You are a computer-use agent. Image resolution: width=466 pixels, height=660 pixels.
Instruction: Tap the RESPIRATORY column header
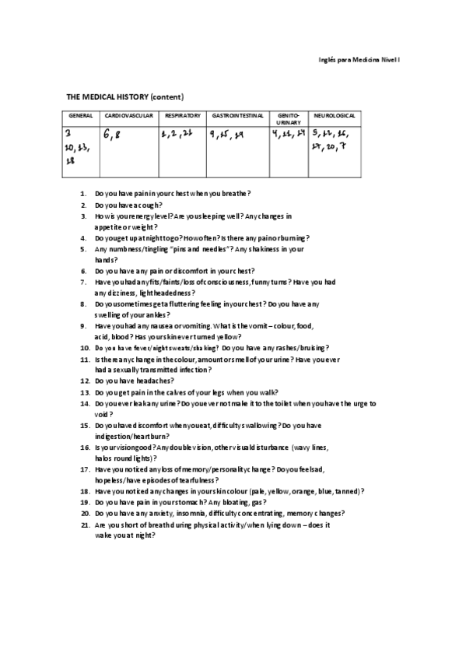pos(183,116)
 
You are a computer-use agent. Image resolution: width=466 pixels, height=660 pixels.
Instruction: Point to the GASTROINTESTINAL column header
pos(237,116)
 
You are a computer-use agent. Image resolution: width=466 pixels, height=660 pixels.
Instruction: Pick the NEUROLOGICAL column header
pos(334,116)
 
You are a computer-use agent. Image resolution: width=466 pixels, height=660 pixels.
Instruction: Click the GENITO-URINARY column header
pos(288,119)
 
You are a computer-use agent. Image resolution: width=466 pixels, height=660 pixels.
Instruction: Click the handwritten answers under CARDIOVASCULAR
pos(113,135)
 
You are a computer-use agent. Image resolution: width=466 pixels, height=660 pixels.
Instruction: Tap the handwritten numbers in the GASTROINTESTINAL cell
pos(226,134)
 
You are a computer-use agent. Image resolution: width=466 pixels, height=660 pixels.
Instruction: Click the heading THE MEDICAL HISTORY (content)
pos(124,97)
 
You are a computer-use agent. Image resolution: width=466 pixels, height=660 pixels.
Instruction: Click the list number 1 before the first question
pos(83,192)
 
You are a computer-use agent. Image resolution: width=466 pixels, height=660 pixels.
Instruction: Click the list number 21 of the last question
pos(84,525)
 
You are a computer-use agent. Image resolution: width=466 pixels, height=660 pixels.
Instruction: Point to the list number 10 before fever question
pos(84,348)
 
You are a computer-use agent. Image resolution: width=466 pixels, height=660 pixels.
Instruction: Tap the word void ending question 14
pos(99,415)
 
